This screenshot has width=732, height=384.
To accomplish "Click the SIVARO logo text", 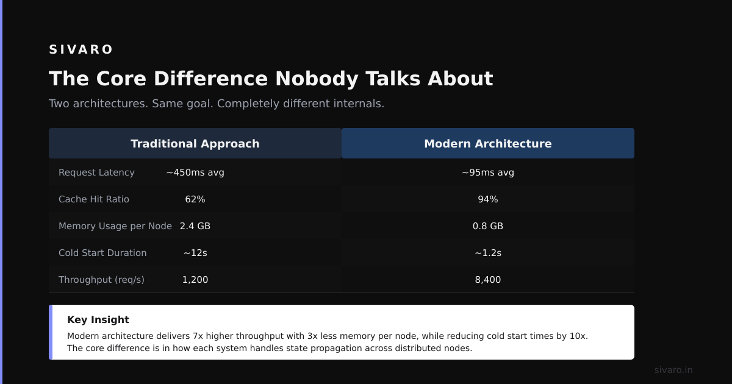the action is coord(81,49).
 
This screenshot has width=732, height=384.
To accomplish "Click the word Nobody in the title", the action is coord(317,79).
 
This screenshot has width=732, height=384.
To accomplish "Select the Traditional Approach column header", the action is coord(195,143).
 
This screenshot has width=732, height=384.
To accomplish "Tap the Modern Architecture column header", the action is coord(488,143).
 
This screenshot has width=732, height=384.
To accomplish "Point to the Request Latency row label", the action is coord(96,172).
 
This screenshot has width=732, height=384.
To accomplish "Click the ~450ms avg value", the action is coord(195,172).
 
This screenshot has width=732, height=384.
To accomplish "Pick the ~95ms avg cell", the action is coord(488,172).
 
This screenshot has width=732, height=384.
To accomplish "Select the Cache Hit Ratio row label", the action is coord(94,199).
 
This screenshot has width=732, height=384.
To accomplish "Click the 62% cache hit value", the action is coord(195,199).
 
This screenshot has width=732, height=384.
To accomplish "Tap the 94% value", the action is coord(488,199).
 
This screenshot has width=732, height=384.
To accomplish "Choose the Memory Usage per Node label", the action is coord(115,226).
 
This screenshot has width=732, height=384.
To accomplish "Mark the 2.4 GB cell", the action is coord(195,226).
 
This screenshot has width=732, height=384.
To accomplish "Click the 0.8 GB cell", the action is coord(488,226).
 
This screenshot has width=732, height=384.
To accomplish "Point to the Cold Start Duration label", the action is coord(102,253).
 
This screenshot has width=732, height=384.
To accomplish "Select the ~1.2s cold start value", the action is coord(488,253).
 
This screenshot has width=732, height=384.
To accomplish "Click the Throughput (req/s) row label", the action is coord(101,280).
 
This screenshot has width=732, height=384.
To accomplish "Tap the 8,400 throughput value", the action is coord(488,280).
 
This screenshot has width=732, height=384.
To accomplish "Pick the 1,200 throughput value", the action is coord(195,280).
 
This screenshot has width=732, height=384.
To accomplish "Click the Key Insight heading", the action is coord(98,319).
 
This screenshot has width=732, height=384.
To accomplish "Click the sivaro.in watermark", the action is coord(673,370).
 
